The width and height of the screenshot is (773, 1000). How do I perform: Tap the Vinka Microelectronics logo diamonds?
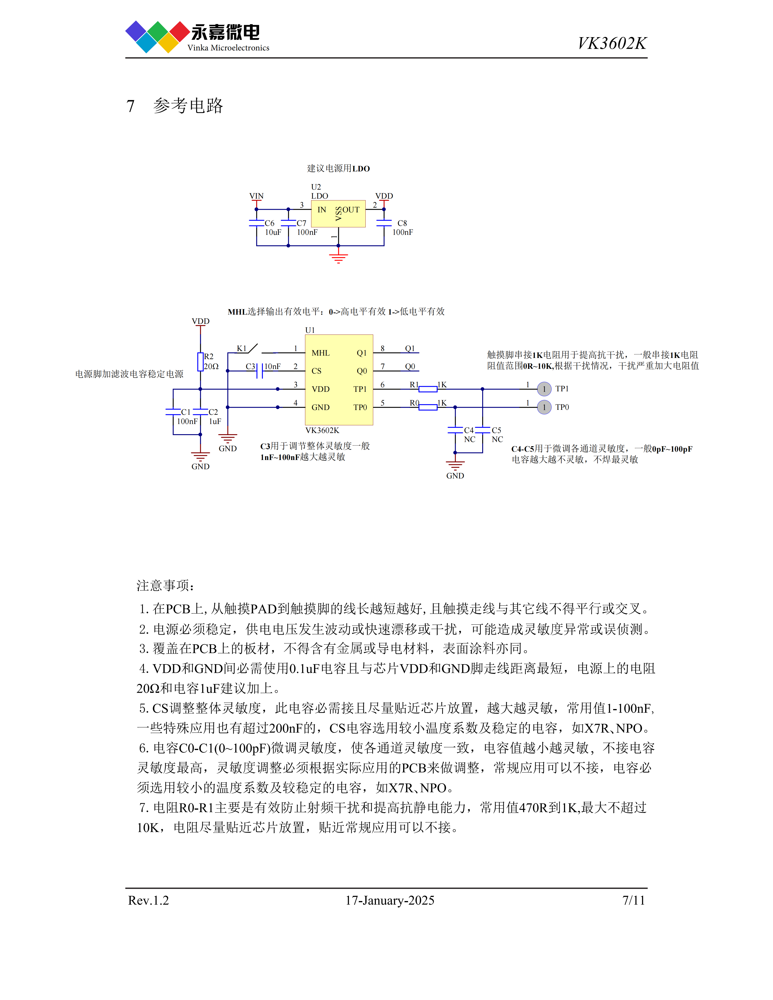157,37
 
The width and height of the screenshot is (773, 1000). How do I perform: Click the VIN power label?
256,196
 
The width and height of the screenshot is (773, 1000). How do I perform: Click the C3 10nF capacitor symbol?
260,371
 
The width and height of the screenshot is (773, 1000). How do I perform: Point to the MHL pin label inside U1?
321,353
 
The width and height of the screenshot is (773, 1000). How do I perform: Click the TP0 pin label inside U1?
360,407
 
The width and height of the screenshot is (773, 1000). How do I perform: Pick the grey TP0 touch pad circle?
544,407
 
